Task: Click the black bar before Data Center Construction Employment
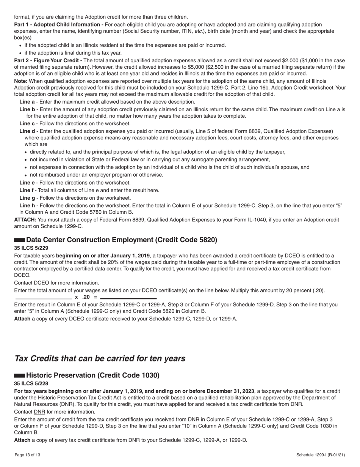[19, 240]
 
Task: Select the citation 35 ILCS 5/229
[31, 248]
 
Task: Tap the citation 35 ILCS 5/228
[31, 383]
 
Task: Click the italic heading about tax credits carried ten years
[100, 358]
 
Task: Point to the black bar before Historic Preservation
[19, 375]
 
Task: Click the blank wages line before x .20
[43, 299]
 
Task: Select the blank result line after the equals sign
[128, 299]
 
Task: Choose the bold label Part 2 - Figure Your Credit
[48, 61]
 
